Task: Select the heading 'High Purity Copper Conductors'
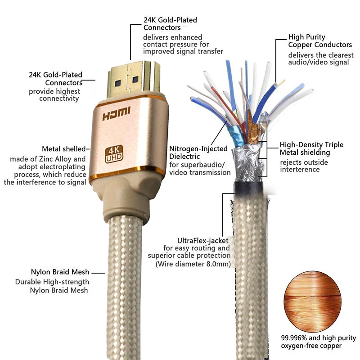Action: [320, 41]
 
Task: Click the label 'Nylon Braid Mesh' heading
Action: [60, 272]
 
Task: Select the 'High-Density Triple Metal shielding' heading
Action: [311, 148]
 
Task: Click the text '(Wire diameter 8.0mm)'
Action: [193, 264]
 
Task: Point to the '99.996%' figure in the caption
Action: [296, 338]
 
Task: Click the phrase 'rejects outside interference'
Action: [304, 166]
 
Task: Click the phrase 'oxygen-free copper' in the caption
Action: [311, 346]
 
